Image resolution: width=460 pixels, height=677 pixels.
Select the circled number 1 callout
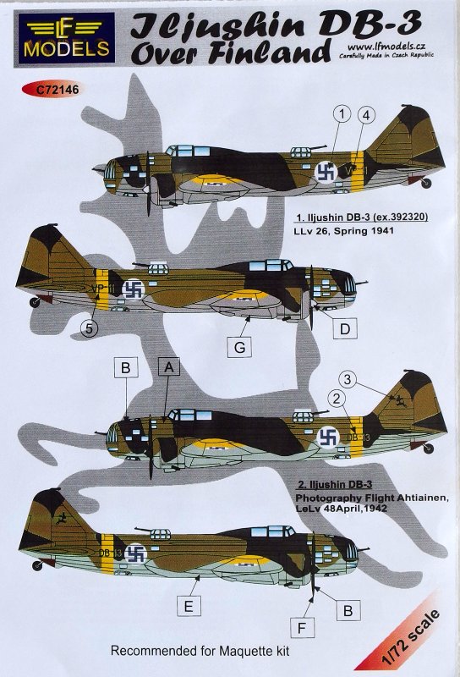click(342, 114)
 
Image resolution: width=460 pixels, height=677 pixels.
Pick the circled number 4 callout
click(366, 115)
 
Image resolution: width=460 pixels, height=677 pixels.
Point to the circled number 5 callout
click(90, 328)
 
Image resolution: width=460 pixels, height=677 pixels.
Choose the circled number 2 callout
click(338, 399)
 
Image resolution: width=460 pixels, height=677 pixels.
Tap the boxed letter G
click(239, 347)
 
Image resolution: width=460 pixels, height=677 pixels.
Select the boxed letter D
click(345, 329)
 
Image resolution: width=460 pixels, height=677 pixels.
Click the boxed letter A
click(169, 368)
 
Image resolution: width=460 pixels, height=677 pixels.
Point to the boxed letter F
click(302, 628)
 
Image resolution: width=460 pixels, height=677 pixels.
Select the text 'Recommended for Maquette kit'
click(200, 651)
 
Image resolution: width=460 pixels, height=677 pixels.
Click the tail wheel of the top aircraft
click(426, 184)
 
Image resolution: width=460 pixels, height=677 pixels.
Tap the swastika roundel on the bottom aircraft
click(136, 553)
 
